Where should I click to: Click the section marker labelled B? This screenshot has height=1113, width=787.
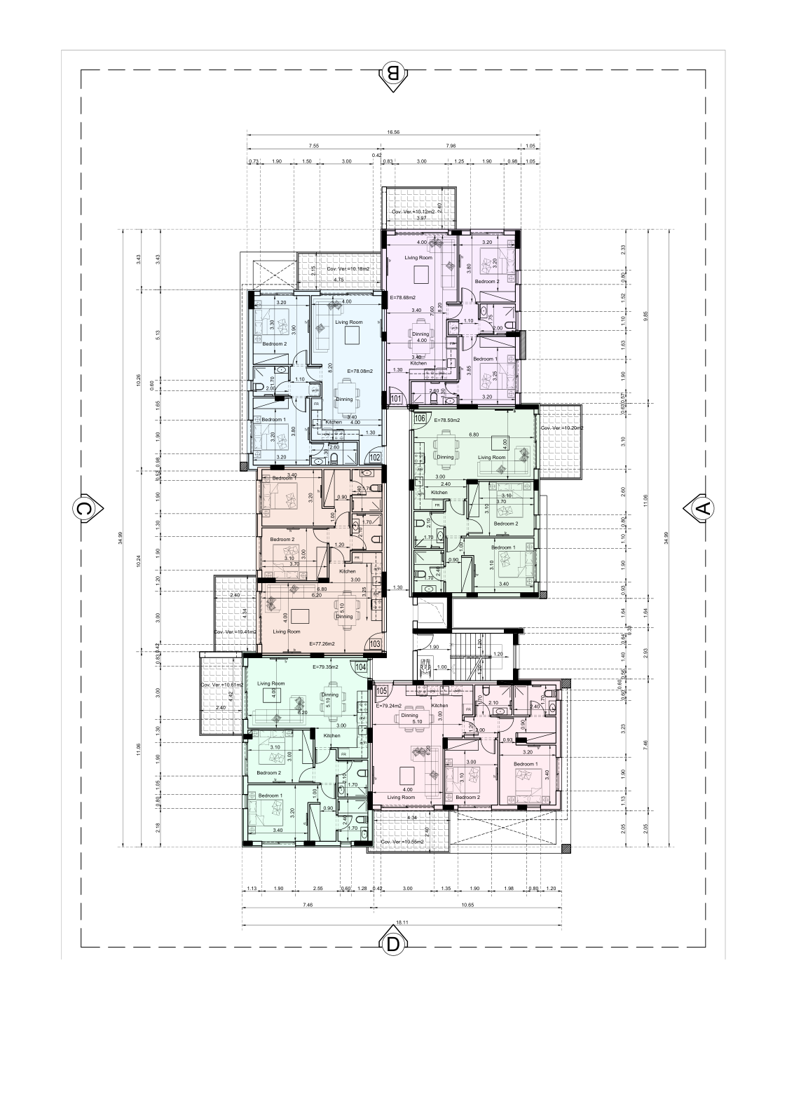click(393, 73)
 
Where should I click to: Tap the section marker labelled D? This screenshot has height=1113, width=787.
click(393, 943)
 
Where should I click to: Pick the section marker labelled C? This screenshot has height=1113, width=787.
click(84, 509)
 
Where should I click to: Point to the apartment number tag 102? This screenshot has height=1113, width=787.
click(376, 458)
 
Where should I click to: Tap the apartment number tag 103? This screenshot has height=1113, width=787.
click(375, 643)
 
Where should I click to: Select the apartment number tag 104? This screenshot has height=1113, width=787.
click(361, 668)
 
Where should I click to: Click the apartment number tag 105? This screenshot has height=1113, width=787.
click(382, 691)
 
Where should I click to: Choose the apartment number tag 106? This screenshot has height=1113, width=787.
click(420, 418)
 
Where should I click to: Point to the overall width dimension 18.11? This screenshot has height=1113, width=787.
click(402, 923)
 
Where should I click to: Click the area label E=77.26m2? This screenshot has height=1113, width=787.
click(322, 643)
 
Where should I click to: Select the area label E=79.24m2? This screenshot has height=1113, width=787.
click(389, 706)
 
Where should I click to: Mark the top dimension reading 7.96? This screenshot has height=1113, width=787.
click(451, 146)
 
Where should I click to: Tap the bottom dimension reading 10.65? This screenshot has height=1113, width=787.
click(467, 905)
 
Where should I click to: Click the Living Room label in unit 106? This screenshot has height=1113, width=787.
click(491, 457)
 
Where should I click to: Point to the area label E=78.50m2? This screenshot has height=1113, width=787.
click(447, 420)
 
